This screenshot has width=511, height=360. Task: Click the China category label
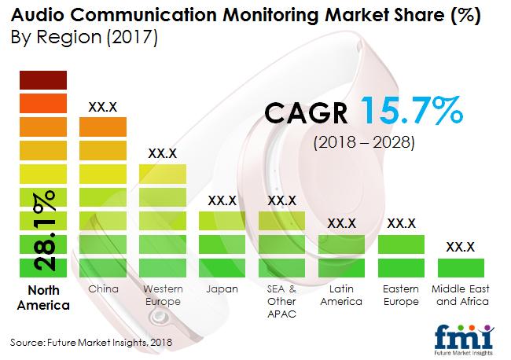(x=104, y=289)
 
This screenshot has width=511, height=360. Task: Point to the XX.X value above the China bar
(x=103, y=106)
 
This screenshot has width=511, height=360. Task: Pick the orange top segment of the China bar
(x=104, y=126)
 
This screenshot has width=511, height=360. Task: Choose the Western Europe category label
(x=163, y=296)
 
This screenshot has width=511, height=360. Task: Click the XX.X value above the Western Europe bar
(x=162, y=153)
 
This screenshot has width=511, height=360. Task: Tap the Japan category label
(x=222, y=289)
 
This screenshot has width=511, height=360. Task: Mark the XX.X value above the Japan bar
(x=222, y=200)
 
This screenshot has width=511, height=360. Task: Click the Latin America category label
(x=341, y=296)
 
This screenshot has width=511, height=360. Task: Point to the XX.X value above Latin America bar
(x=342, y=224)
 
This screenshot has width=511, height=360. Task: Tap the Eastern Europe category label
(x=401, y=296)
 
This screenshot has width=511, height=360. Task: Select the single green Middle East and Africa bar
(x=461, y=266)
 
